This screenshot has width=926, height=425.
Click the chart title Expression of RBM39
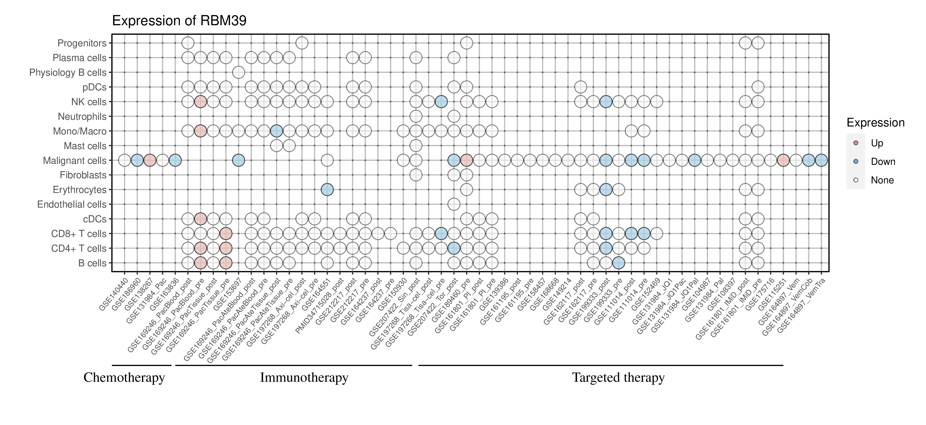pos(179,21)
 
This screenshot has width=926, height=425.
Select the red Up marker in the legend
pos(856,143)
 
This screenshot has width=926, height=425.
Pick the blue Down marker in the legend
pos(856,161)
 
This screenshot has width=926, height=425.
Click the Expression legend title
pos(875,123)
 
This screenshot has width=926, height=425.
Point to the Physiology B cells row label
pos(68,72)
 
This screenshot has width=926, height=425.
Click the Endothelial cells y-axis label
pos(72,205)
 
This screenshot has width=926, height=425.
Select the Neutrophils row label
pos(82,117)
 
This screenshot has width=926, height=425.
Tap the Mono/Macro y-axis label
pos(80,131)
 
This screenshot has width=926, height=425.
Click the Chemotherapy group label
pos(124,378)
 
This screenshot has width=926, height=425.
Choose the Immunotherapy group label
pos(304,378)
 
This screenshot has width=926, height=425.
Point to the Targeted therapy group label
pos(618,378)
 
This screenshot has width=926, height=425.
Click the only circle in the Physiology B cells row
pos(238,72)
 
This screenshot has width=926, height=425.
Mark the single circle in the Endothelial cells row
pos(454,205)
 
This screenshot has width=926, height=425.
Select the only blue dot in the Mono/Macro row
pos(277,131)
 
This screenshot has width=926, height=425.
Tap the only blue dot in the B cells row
pos(618,263)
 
